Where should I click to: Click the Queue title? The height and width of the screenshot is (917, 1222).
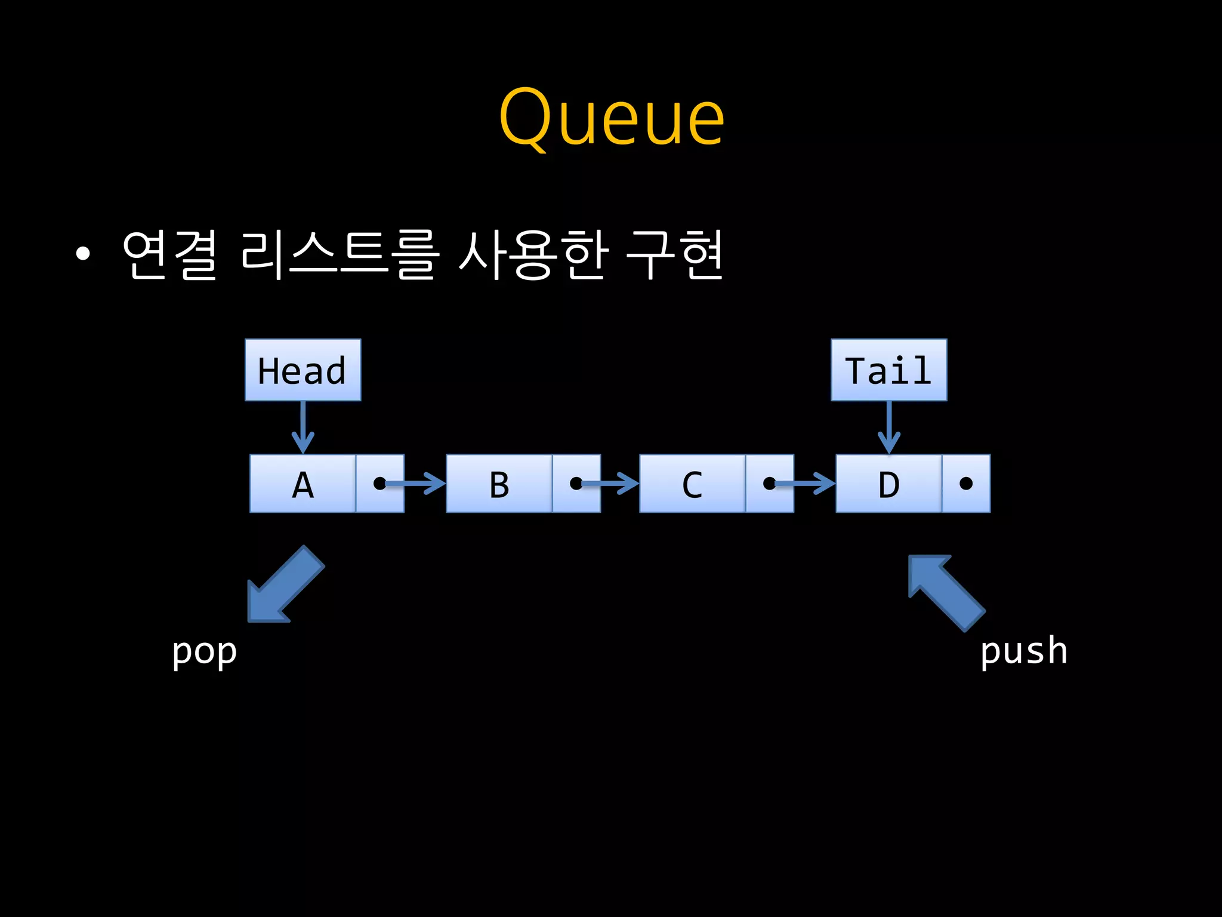(612, 118)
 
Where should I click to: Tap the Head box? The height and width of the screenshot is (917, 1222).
(303, 370)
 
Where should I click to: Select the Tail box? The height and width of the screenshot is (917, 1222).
(888, 370)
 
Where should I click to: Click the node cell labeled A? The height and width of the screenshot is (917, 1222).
(303, 484)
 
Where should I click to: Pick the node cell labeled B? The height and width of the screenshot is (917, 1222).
(499, 484)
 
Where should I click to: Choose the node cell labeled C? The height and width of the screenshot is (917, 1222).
(692, 484)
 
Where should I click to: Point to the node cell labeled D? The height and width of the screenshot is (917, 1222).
(888, 484)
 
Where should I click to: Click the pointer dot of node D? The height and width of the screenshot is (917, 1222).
(966, 483)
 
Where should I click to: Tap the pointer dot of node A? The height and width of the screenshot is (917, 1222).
(379, 483)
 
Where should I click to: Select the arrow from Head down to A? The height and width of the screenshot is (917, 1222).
(303, 427)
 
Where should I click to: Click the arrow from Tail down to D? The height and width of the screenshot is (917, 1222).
(889, 427)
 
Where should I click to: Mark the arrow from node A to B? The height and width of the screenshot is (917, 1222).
(418, 483)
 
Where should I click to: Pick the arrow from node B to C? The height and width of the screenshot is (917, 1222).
(612, 483)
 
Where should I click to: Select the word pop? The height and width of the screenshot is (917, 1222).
(205, 652)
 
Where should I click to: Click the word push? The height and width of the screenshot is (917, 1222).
(1024, 651)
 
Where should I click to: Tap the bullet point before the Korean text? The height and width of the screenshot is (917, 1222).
(83, 254)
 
